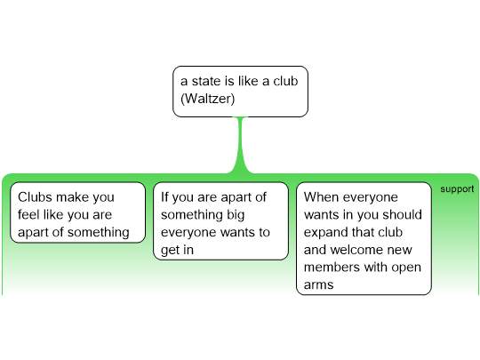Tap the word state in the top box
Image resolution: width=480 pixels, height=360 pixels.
[x=206, y=81]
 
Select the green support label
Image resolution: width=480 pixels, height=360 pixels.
[x=457, y=189]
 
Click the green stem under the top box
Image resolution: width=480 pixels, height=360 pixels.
[x=241, y=145]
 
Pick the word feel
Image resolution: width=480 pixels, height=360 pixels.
[x=28, y=214]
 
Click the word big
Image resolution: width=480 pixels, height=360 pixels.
[x=236, y=215]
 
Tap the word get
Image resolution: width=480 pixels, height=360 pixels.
[x=170, y=251]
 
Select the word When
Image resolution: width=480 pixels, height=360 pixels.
[x=320, y=197]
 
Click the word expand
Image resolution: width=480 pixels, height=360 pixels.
[x=324, y=233]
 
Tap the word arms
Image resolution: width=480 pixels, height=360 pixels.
[x=318, y=285]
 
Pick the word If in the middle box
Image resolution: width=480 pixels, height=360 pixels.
[x=165, y=197]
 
